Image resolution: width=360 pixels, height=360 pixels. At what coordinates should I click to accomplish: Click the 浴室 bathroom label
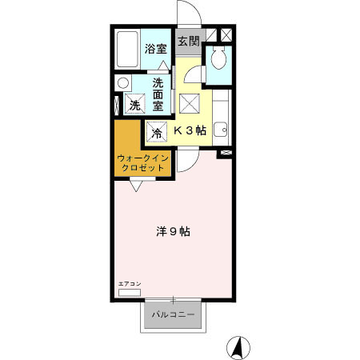156,49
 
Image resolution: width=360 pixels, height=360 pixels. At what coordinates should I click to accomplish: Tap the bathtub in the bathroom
127,50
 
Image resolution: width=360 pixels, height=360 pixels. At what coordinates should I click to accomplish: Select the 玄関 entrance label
189,42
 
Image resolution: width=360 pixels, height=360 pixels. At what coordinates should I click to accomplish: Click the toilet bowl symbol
218,57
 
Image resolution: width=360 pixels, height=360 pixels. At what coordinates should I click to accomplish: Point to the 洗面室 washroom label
158,94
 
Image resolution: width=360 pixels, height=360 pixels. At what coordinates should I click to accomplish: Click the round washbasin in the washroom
123,83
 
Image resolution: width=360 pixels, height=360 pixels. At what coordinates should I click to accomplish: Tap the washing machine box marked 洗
135,104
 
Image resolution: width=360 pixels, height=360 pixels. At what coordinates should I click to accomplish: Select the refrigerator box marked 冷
157,132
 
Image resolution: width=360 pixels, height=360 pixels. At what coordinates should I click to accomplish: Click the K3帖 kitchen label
190,130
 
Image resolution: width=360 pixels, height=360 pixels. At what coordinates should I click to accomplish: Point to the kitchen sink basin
221,130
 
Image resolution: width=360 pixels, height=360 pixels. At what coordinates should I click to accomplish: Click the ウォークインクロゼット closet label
142,163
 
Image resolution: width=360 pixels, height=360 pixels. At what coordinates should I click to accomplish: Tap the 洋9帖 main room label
173,231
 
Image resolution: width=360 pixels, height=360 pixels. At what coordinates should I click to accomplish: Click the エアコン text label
130,284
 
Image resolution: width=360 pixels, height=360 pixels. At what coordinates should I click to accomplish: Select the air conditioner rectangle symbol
130,293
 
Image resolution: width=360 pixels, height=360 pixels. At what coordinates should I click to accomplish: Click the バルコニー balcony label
173,314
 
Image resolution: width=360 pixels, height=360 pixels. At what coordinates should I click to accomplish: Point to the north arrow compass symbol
238,348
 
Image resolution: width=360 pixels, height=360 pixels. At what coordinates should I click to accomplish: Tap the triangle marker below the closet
136,186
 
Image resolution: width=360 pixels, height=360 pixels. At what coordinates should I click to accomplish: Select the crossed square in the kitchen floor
190,104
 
